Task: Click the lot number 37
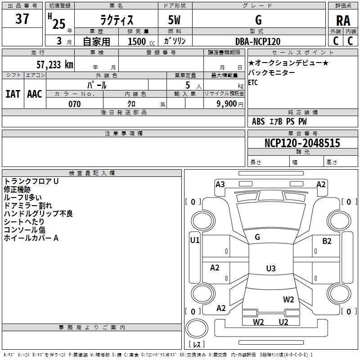[x=22, y=19]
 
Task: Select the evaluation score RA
[x=343, y=21]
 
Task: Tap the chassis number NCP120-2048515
[x=302, y=143]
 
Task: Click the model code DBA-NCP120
[x=258, y=41]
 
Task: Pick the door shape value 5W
[x=175, y=21]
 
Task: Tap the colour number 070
[x=74, y=104]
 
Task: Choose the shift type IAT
[x=13, y=94]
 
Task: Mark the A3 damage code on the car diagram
[x=220, y=184]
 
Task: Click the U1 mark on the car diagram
[x=194, y=240]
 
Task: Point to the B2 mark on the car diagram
[x=327, y=241]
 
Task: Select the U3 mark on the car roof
[x=270, y=269]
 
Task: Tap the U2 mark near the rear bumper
[x=283, y=322]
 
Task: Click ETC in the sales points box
[x=252, y=82]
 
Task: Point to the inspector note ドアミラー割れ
[x=28, y=206]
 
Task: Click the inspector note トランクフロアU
[x=31, y=181]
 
